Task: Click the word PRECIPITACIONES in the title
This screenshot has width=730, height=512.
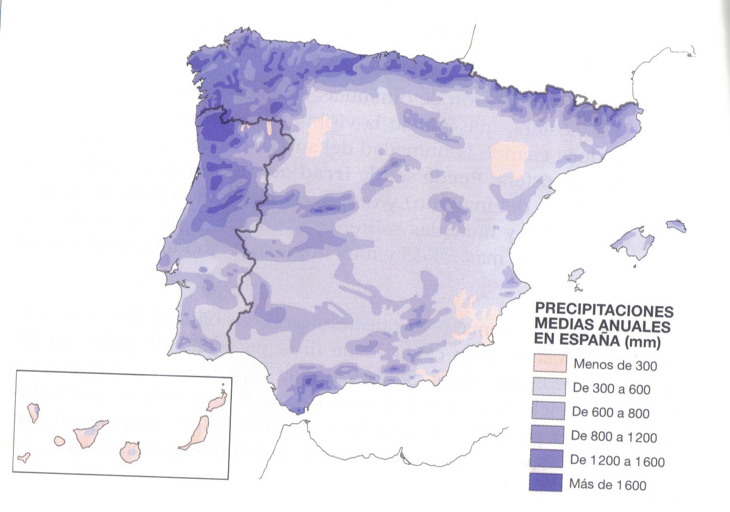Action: pyautogui.click(x=604, y=309)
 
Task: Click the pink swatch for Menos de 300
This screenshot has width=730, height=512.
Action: pyautogui.click(x=550, y=363)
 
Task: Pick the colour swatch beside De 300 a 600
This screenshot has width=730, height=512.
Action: pyautogui.click(x=550, y=387)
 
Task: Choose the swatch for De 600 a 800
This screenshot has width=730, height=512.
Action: pyautogui.click(x=550, y=411)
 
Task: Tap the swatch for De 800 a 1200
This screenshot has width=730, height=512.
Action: pyautogui.click(x=550, y=435)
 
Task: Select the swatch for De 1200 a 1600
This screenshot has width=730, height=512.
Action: pyautogui.click(x=550, y=459)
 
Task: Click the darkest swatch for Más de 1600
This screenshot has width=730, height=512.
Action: pyautogui.click(x=550, y=483)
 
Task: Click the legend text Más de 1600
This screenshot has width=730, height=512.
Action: pyautogui.click(x=608, y=485)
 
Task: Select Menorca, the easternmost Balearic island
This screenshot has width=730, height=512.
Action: pyautogui.click(x=677, y=226)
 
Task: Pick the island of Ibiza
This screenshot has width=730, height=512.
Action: pyautogui.click(x=577, y=276)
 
